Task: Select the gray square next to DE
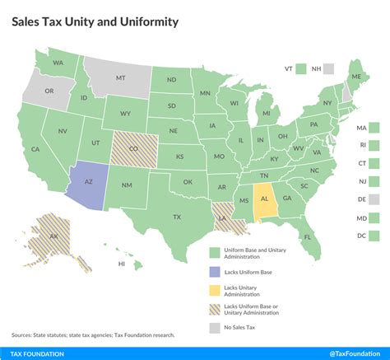point(374,199)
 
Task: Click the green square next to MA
point(374,128)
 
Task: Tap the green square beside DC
point(374,236)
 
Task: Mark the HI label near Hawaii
point(122,264)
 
